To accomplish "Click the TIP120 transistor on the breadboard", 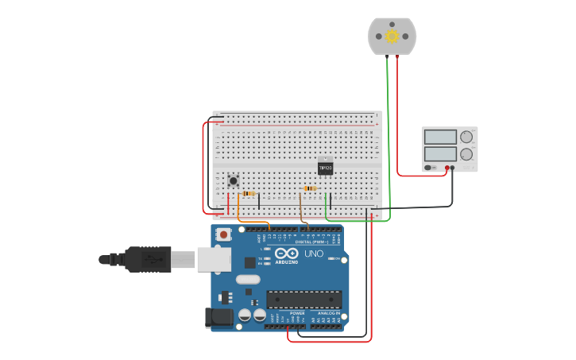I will click(x=325, y=168).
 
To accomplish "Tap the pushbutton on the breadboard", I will click(x=234, y=180).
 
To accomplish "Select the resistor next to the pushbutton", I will click(x=249, y=193).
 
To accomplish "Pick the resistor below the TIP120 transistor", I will click(x=310, y=188).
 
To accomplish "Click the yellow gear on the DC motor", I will click(x=392, y=36).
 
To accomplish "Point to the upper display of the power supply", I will click(x=440, y=137).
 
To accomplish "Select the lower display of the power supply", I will click(x=440, y=153).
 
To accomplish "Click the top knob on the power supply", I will click(x=466, y=137).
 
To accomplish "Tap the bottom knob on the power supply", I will click(x=466, y=154).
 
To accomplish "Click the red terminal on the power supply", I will click(x=447, y=168).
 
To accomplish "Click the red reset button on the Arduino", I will click(x=225, y=234).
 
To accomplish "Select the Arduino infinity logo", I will click(x=287, y=253).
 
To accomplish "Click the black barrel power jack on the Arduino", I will click(x=218, y=318).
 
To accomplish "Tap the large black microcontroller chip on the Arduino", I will click(x=304, y=300).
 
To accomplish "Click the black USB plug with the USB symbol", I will click(x=147, y=259).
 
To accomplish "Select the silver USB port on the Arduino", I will click(x=214, y=259).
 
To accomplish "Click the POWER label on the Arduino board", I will click(x=297, y=313).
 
